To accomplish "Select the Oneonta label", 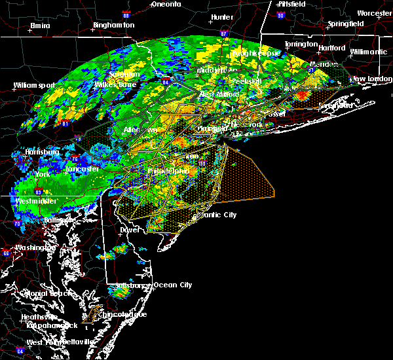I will pyautogui.click(x=166, y=4).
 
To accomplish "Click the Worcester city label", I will pyautogui.click(x=375, y=13).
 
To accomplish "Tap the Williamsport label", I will pyautogui.click(x=34, y=85).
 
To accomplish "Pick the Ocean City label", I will pyautogui.click(x=172, y=285).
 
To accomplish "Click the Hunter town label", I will pyautogui.click(x=222, y=17).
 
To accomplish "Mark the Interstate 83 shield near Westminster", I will pyautogui.click(x=39, y=192).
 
